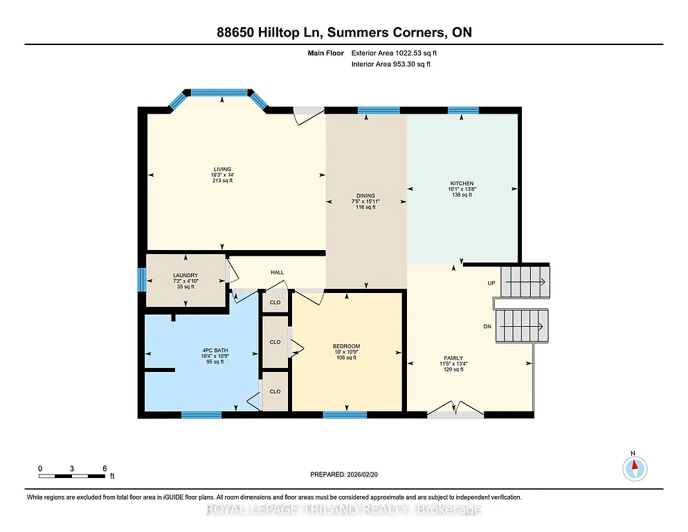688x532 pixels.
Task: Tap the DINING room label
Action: click(365, 195)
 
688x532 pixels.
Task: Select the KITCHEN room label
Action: click(461, 184)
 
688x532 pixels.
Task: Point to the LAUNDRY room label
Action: click(185, 275)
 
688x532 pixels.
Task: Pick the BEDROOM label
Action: click(346, 346)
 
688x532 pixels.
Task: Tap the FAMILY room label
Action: click(453, 358)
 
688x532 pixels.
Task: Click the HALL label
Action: click(277, 272)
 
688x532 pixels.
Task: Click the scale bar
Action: click(72, 476)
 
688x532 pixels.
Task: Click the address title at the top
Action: click(343, 33)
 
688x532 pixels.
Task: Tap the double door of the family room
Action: click(455, 410)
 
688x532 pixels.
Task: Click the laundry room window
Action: click(142, 281)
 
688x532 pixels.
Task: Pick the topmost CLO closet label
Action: click(275, 302)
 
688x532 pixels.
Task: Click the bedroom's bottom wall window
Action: click(345, 415)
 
